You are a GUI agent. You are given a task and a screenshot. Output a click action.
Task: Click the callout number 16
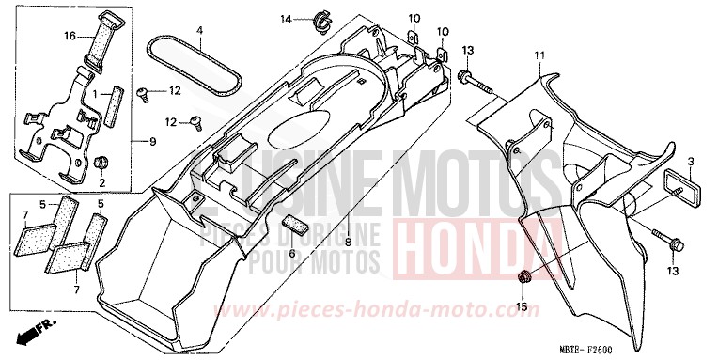click(69, 36)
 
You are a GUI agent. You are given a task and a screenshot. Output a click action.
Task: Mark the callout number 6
click(292, 254)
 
